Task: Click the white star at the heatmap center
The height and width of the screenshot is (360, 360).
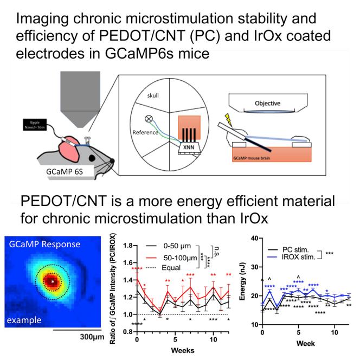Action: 52,282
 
